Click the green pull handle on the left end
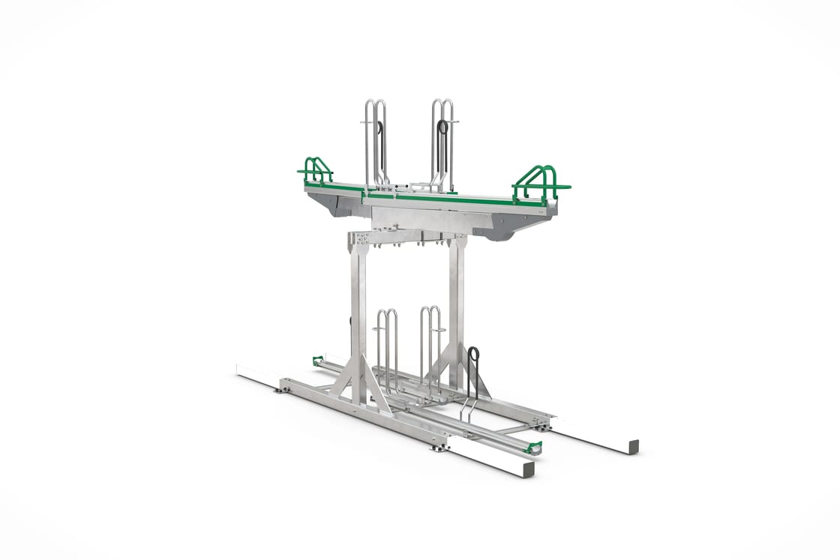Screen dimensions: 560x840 click(x=316, y=171)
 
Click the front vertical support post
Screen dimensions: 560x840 click(x=359, y=315)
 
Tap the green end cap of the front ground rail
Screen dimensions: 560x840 click(x=534, y=448)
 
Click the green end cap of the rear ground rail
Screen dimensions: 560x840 click(x=317, y=361)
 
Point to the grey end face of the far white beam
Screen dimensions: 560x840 click(x=634, y=445)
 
